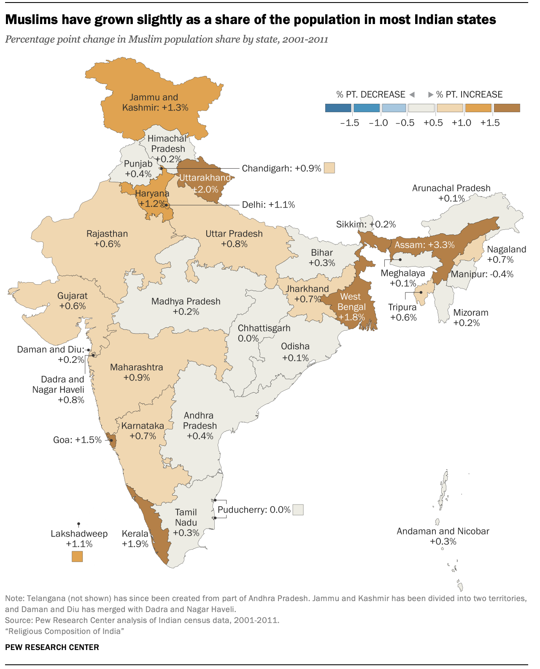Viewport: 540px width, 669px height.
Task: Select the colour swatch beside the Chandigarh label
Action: coord(329,168)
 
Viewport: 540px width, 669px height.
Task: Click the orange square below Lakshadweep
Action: coord(77,556)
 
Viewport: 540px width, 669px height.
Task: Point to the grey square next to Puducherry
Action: coord(298,510)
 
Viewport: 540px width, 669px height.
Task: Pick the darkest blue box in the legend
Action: coord(338,108)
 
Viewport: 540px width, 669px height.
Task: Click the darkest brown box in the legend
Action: coord(507,108)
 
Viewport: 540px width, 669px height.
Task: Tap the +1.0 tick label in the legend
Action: coord(462,123)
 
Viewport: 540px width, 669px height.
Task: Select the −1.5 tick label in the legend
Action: coord(349,123)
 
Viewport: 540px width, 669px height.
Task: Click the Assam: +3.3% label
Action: coord(424,245)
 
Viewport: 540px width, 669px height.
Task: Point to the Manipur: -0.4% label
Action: coord(482,274)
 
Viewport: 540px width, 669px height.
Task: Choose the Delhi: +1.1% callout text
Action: coord(268,205)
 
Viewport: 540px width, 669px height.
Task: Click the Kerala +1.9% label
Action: coord(135,539)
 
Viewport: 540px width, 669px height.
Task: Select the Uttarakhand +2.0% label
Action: coord(205,183)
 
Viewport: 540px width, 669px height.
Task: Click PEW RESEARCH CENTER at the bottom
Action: coord(52,647)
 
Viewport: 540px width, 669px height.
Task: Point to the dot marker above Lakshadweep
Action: coord(79,523)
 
